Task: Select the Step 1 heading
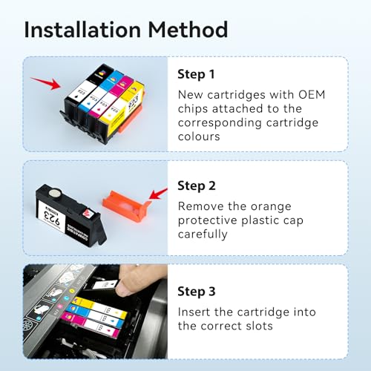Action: [196, 74]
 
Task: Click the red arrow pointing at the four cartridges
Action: [47, 79]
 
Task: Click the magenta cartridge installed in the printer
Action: [88, 320]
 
